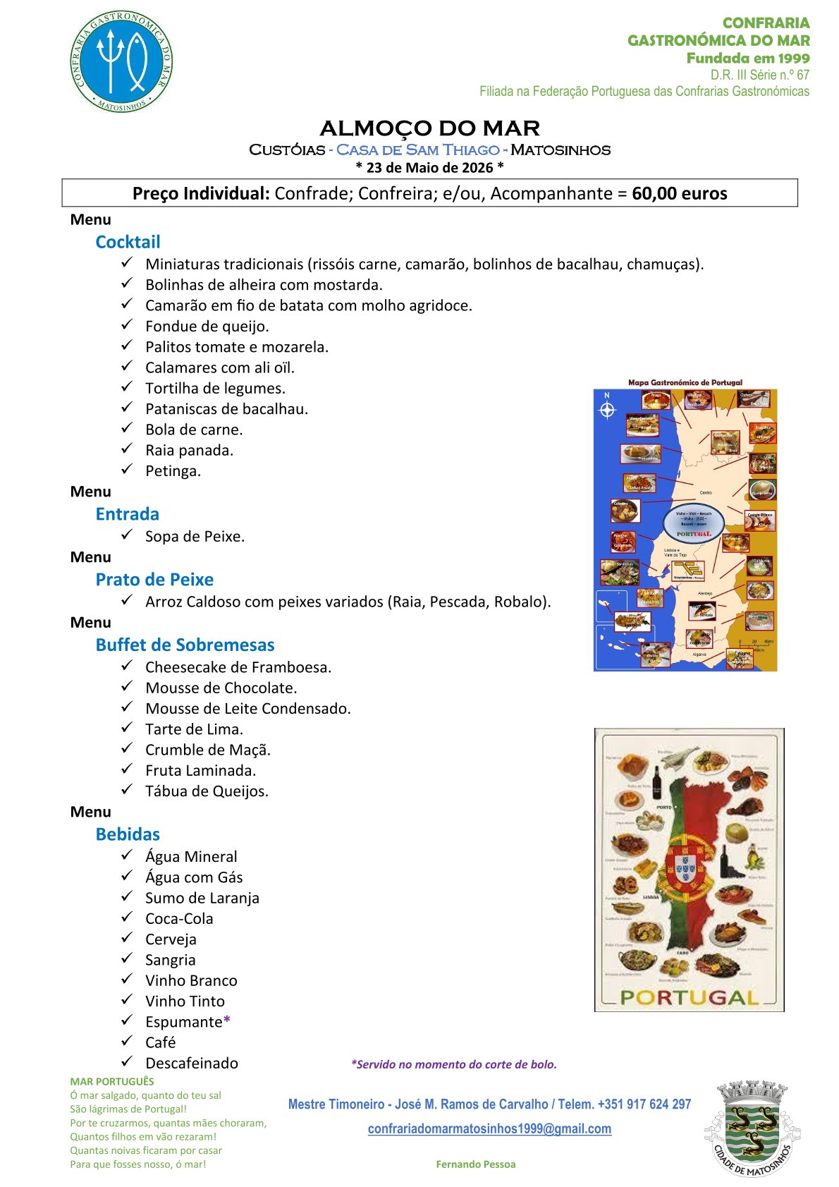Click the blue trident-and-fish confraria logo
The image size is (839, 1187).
tap(121, 61)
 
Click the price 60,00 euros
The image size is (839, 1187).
tap(679, 193)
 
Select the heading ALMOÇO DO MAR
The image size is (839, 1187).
tap(429, 128)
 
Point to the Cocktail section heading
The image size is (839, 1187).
tap(128, 242)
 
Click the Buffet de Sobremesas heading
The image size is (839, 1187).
tap(185, 645)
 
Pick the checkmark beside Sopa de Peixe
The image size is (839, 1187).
tap(127, 535)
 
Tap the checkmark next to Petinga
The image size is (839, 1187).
tap(127, 469)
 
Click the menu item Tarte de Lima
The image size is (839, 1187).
tap(194, 729)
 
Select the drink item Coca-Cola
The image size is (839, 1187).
tap(179, 918)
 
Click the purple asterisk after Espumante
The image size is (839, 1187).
tap(226, 1021)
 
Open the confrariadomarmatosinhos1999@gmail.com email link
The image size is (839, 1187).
tap(489, 1128)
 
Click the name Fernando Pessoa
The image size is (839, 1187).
tap(475, 1164)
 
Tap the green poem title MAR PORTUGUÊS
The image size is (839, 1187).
tap(111, 1081)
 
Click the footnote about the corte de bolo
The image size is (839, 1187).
tap(453, 1064)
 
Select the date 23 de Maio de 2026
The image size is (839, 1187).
tap(429, 168)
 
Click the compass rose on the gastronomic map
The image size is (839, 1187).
tap(607, 409)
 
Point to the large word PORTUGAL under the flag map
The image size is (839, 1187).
tap(689, 997)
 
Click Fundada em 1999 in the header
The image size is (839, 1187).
tap(747, 59)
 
